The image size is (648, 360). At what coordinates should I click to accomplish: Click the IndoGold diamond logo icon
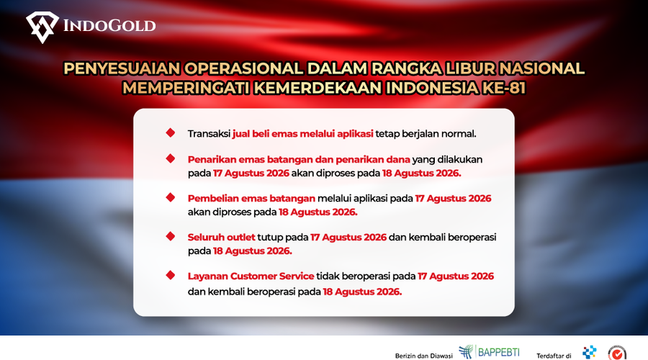[42, 27]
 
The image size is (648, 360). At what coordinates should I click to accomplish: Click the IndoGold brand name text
[109, 26]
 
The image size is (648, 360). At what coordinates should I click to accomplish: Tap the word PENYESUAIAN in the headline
[122, 68]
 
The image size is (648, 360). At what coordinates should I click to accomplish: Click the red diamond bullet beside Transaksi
[170, 132]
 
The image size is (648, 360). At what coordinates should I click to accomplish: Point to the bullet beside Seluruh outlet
[170, 236]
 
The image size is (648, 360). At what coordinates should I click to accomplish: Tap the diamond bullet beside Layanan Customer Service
[170, 275]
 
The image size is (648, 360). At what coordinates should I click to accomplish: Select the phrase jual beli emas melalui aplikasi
[302, 133]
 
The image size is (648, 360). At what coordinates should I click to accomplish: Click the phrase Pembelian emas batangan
[251, 199]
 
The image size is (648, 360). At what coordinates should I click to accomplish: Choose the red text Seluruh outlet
[222, 238]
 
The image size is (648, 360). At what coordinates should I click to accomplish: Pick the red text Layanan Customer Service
[251, 276]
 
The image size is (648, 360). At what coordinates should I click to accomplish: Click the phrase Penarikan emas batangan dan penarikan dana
[299, 160]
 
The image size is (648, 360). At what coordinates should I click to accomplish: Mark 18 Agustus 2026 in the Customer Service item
[362, 292]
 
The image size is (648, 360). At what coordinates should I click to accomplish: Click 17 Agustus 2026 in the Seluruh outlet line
[348, 238]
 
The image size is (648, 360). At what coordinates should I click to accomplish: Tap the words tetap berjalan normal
[426, 133]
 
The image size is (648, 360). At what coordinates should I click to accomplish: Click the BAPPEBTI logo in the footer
[489, 352]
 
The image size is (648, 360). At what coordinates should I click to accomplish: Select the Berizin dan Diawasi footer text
[423, 356]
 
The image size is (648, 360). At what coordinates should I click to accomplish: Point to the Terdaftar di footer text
[554, 356]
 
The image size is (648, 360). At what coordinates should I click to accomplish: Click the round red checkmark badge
[617, 354]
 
